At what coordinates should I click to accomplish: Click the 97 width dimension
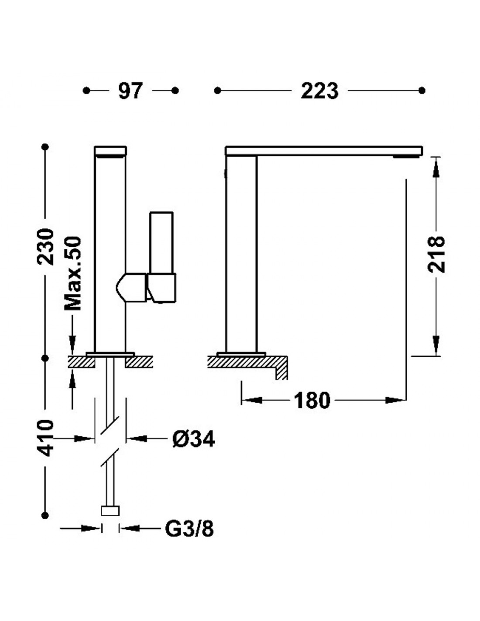[130, 91]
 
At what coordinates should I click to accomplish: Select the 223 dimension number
[319, 91]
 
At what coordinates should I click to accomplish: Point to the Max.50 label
[72, 273]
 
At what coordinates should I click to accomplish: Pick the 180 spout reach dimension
[312, 400]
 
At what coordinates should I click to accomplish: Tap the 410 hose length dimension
[46, 438]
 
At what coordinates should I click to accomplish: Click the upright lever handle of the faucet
[161, 243]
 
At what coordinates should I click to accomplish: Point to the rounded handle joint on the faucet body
[131, 287]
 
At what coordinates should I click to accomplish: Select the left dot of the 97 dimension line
[86, 90]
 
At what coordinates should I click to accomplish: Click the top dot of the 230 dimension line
[45, 147]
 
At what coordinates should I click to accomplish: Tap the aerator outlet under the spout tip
[407, 156]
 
